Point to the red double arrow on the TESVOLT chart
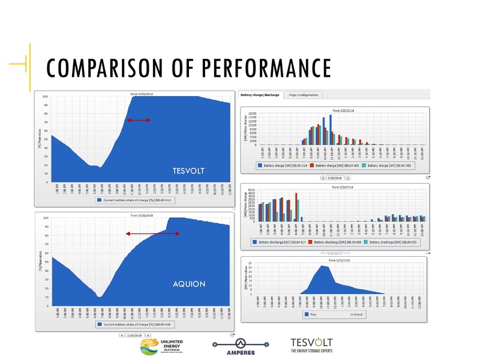(139, 120)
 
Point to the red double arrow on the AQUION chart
(153, 233)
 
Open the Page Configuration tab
(304, 95)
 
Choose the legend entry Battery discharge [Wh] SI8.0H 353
(394, 243)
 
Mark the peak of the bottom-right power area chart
(323, 265)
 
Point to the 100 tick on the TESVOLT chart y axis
(46, 96)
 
